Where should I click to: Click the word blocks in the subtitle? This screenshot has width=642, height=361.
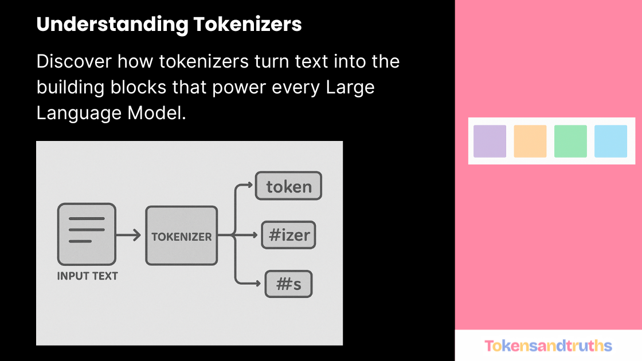(x=145, y=87)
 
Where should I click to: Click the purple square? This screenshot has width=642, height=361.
(x=490, y=141)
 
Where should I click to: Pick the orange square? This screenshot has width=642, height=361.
(x=530, y=141)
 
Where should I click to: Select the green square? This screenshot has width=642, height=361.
(x=570, y=141)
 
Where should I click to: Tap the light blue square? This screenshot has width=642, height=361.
(x=610, y=141)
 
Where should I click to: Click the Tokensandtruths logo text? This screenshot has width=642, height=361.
(x=548, y=346)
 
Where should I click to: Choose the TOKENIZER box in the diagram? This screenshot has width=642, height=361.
(x=181, y=236)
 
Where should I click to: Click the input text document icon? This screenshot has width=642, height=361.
(x=87, y=233)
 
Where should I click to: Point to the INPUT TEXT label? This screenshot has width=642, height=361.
(x=87, y=276)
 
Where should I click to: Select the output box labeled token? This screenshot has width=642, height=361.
(x=288, y=186)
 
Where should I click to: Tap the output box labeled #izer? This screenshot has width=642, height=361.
(x=288, y=235)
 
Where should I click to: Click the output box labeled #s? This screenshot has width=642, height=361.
(x=288, y=284)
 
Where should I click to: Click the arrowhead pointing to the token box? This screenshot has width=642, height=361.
(x=248, y=185)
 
